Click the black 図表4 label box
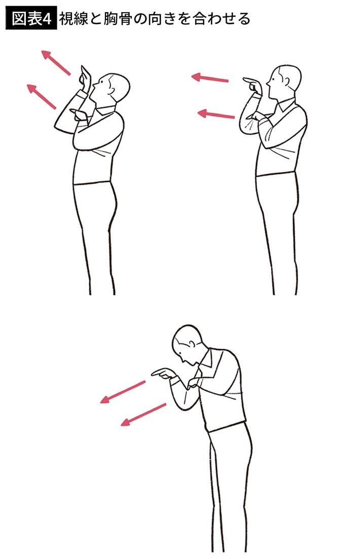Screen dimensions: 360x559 coord(31,19)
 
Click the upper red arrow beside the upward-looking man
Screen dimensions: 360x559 coord(56,63)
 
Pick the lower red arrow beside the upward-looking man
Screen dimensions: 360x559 coord(42,97)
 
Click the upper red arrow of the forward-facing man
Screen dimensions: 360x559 coord(210,78)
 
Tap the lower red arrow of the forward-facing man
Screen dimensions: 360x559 coord(216,114)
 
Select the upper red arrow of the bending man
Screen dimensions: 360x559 coord(123,392)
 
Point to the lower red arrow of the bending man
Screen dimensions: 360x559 coord(143,415)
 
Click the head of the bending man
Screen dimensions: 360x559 coord(187,344)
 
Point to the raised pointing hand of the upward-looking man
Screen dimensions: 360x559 coord(85,78)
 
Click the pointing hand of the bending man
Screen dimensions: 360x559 coord(164,374)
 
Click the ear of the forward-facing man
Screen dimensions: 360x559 coord(286,81)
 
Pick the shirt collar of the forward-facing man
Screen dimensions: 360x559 coord(285,104)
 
